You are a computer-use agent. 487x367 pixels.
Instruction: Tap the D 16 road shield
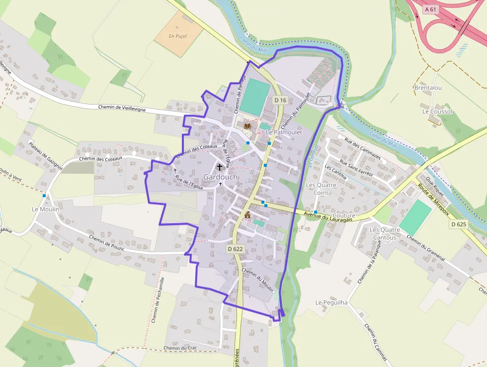[x=280, y=100]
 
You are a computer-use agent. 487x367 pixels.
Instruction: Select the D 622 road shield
[x=235, y=248]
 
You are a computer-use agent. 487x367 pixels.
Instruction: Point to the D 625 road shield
[x=459, y=225]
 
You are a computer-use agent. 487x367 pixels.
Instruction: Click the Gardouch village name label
[x=221, y=177]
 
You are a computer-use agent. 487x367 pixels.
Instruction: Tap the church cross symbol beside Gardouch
[x=219, y=167]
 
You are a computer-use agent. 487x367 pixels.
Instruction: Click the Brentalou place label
[x=428, y=88]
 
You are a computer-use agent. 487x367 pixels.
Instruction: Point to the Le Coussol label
[x=437, y=112]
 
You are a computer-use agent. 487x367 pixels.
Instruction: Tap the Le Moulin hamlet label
[x=46, y=209]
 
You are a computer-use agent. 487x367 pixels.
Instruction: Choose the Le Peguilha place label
[x=331, y=302]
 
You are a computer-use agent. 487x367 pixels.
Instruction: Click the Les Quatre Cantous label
[x=385, y=234]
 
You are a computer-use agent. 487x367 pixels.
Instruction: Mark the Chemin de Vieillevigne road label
[x=122, y=108]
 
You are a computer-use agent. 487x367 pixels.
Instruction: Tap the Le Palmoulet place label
[x=284, y=132]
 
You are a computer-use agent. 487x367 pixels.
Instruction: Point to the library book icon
[x=247, y=126]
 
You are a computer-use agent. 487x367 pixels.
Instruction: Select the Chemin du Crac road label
[x=180, y=348]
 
